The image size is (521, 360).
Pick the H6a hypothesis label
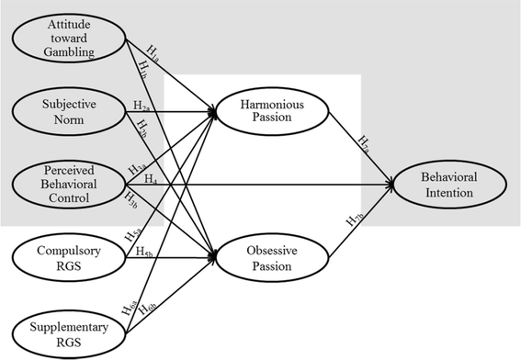[130, 301]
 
